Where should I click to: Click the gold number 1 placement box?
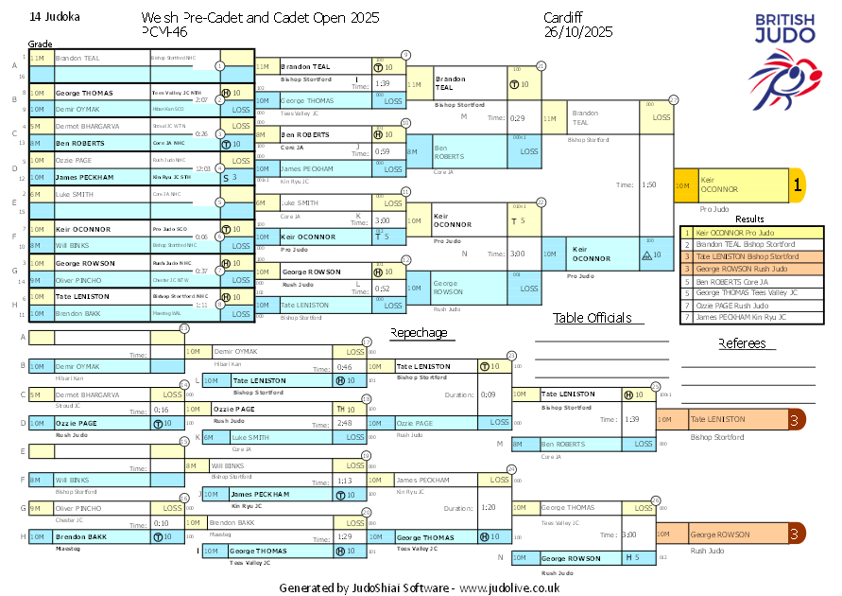[x=797, y=186]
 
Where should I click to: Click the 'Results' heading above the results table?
[x=749, y=219]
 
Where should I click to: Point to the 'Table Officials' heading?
[x=593, y=318]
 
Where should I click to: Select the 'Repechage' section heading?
[x=419, y=332]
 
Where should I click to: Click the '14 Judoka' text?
[x=55, y=17]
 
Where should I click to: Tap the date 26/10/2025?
[x=578, y=31]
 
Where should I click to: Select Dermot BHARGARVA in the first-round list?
[x=87, y=126]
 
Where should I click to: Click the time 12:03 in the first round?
[x=201, y=168]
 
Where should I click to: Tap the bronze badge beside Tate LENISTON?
[x=797, y=419]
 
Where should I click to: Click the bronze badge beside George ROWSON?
[x=797, y=534]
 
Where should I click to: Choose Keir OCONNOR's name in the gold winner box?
[x=719, y=184]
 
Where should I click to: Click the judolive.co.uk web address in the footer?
[x=509, y=587]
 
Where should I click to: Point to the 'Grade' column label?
[x=41, y=44]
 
